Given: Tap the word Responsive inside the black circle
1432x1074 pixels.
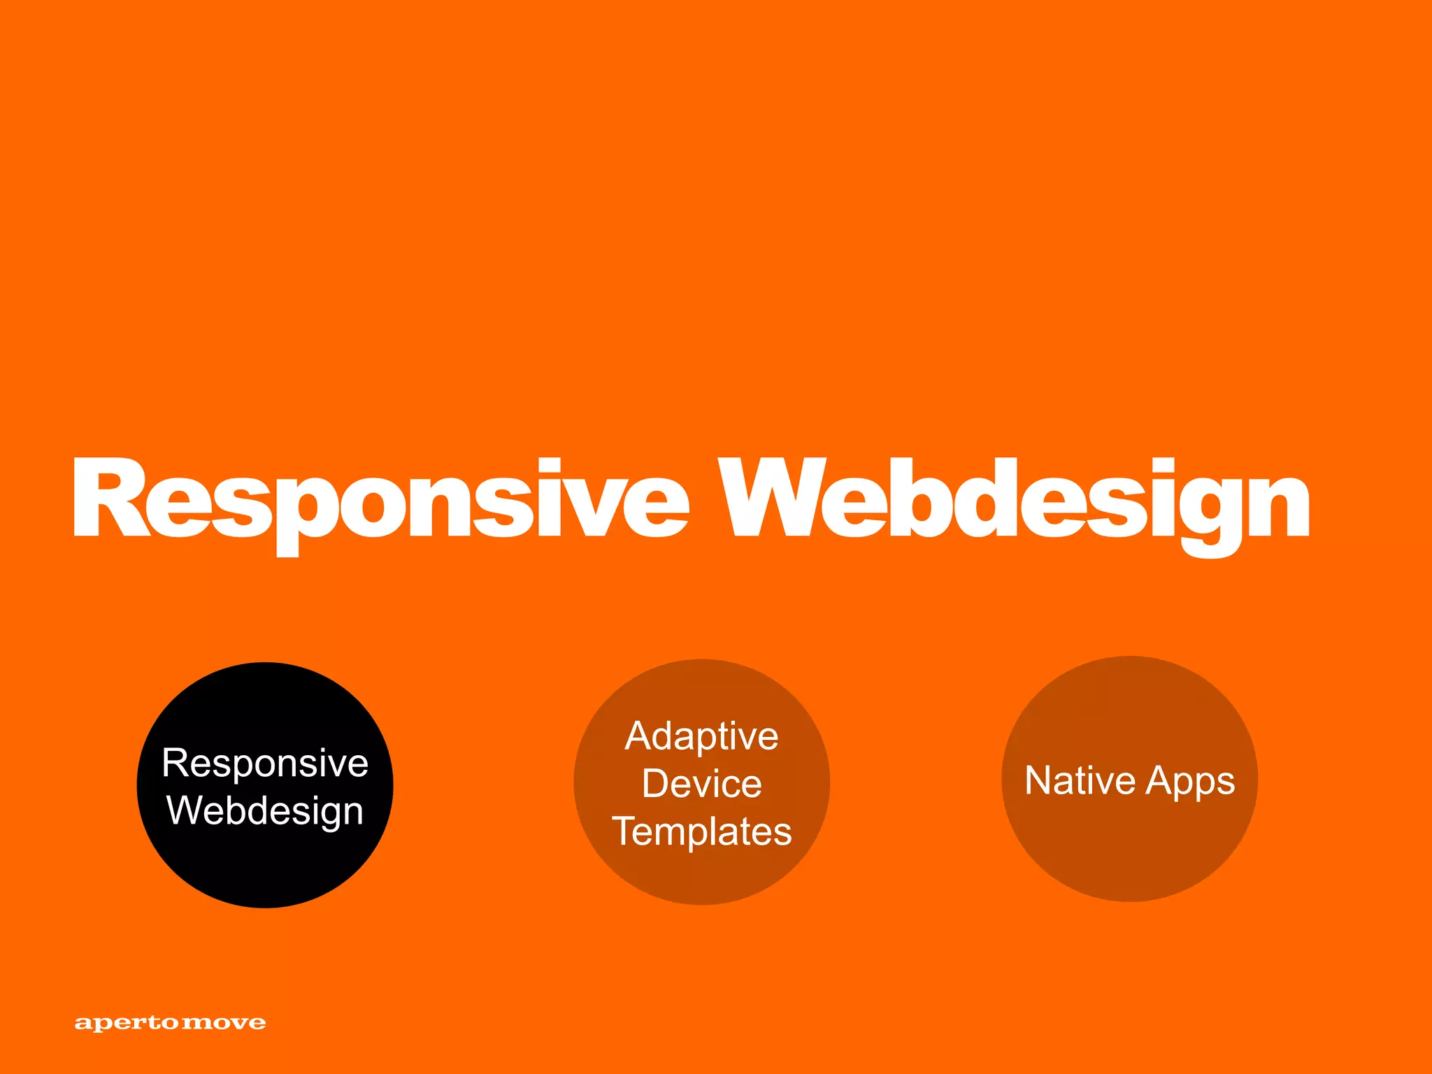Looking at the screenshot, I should click(265, 762).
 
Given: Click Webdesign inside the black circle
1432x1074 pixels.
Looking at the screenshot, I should click(265, 811).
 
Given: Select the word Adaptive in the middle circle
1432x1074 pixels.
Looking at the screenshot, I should click(701, 736).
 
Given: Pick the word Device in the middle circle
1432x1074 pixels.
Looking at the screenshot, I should click(701, 783).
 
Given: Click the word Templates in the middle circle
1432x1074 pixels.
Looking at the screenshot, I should click(701, 831).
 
